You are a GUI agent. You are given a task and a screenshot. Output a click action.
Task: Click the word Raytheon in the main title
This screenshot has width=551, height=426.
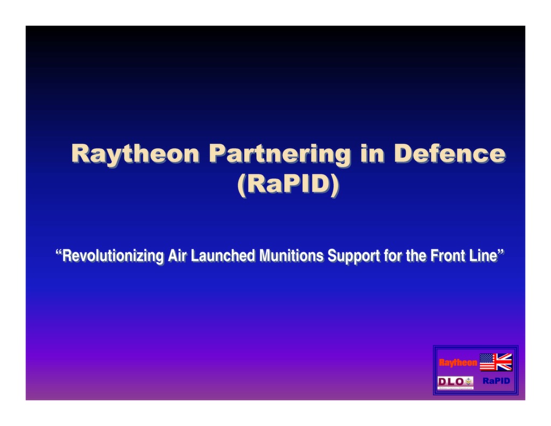(135, 153)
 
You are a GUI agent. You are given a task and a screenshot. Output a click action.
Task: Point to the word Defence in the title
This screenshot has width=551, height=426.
(449, 153)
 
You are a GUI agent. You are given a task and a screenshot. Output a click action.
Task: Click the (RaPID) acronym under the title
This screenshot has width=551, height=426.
(288, 184)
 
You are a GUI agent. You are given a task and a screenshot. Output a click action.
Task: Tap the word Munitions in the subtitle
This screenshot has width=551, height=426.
(291, 256)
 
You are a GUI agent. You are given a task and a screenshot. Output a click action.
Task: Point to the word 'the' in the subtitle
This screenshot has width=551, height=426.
(416, 256)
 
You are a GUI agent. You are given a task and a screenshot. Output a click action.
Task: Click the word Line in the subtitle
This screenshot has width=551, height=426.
(483, 256)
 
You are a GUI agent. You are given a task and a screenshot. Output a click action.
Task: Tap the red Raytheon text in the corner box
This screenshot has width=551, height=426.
(458, 362)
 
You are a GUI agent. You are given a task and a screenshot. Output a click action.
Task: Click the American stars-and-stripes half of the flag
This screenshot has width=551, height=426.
(488, 362)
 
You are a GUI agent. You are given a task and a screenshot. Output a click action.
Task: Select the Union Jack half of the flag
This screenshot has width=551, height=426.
(504, 362)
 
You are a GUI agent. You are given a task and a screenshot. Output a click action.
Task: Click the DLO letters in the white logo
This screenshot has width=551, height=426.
(450, 381)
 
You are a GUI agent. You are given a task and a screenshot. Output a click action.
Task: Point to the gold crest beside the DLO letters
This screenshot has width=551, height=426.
(468, 381)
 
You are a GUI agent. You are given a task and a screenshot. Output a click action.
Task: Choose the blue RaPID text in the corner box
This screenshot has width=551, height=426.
(496, 381)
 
